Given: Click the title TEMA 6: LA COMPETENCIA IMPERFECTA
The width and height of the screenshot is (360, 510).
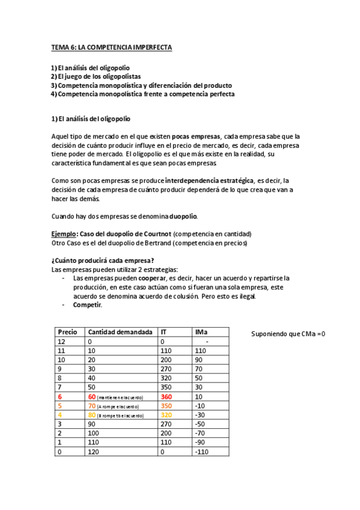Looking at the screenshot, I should [x=111, y=48].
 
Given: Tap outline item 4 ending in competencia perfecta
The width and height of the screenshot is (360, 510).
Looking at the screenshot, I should [x=142, y=94].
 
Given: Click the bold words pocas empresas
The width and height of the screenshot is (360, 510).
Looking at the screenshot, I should [x=196, y=137].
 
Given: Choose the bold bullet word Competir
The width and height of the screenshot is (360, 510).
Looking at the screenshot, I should [x=87, y=305].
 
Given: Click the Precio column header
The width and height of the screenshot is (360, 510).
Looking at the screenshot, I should [x=67, y=332].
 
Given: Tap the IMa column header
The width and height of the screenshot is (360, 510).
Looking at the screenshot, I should [x=202, y=332].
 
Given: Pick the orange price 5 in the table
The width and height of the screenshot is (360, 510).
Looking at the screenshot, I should [x=60, y=406].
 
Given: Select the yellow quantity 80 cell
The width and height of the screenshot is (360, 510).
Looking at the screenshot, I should [x=93, y=415].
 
